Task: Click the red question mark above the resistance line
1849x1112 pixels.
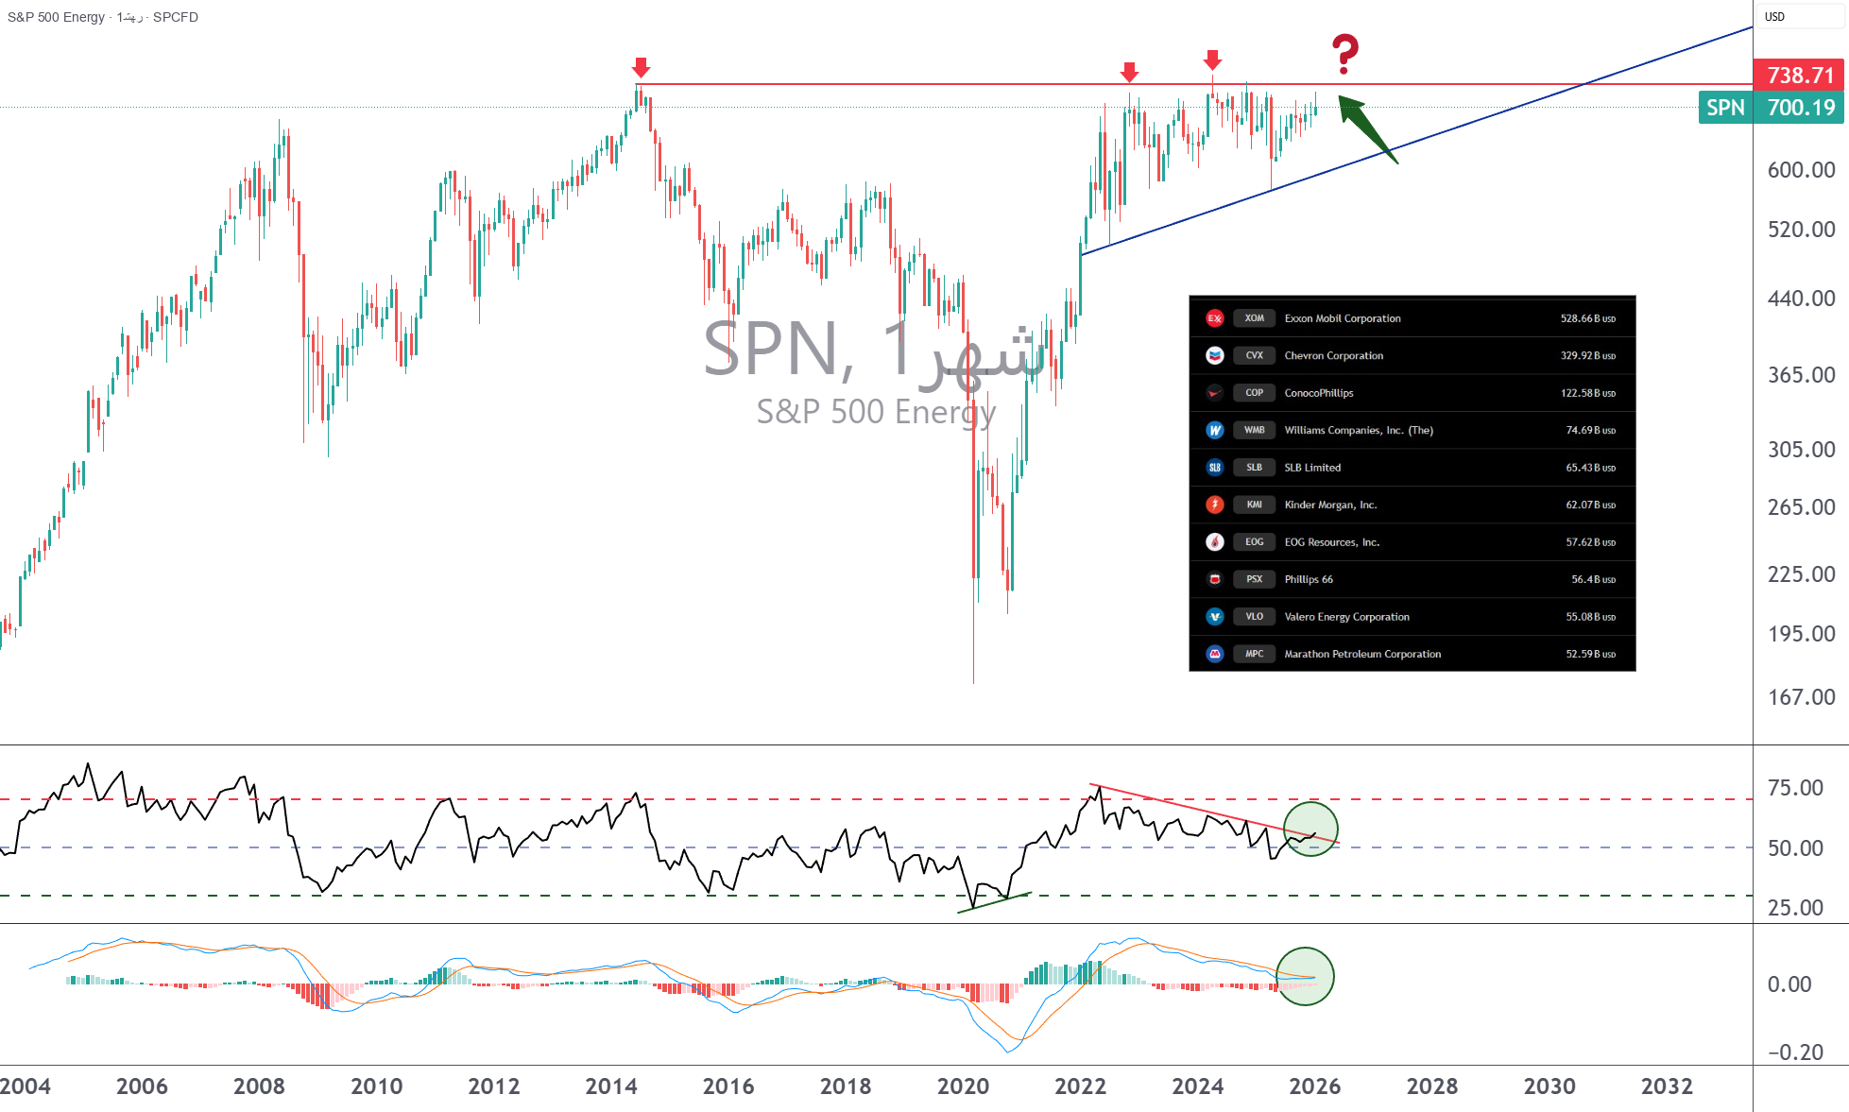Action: point(1344,54)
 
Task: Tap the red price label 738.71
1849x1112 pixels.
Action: point(1799,75)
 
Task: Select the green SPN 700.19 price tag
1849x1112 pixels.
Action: point(1771,108)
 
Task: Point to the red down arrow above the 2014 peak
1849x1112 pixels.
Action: point(641,67)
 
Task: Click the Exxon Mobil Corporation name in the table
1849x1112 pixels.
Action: point(1342,318)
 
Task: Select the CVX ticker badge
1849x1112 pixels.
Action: point(1254,355)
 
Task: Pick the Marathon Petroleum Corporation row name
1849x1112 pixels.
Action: point(1362,654)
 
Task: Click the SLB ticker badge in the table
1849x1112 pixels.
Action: point(1254,468)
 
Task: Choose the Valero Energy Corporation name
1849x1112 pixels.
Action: point(1346,617)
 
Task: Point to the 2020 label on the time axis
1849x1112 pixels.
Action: point(963,1086)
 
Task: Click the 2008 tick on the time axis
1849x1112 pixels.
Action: point(259,1086)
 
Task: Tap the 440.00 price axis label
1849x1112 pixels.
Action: point(1801,299)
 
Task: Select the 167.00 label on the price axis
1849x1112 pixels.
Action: point(1801,697)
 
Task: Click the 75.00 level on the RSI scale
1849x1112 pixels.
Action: point(1795,788)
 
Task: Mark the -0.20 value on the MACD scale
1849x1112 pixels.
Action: point(1794,1052)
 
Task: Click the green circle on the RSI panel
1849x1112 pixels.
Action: point(1310,829)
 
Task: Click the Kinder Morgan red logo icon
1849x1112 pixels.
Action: point(1215,505)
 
